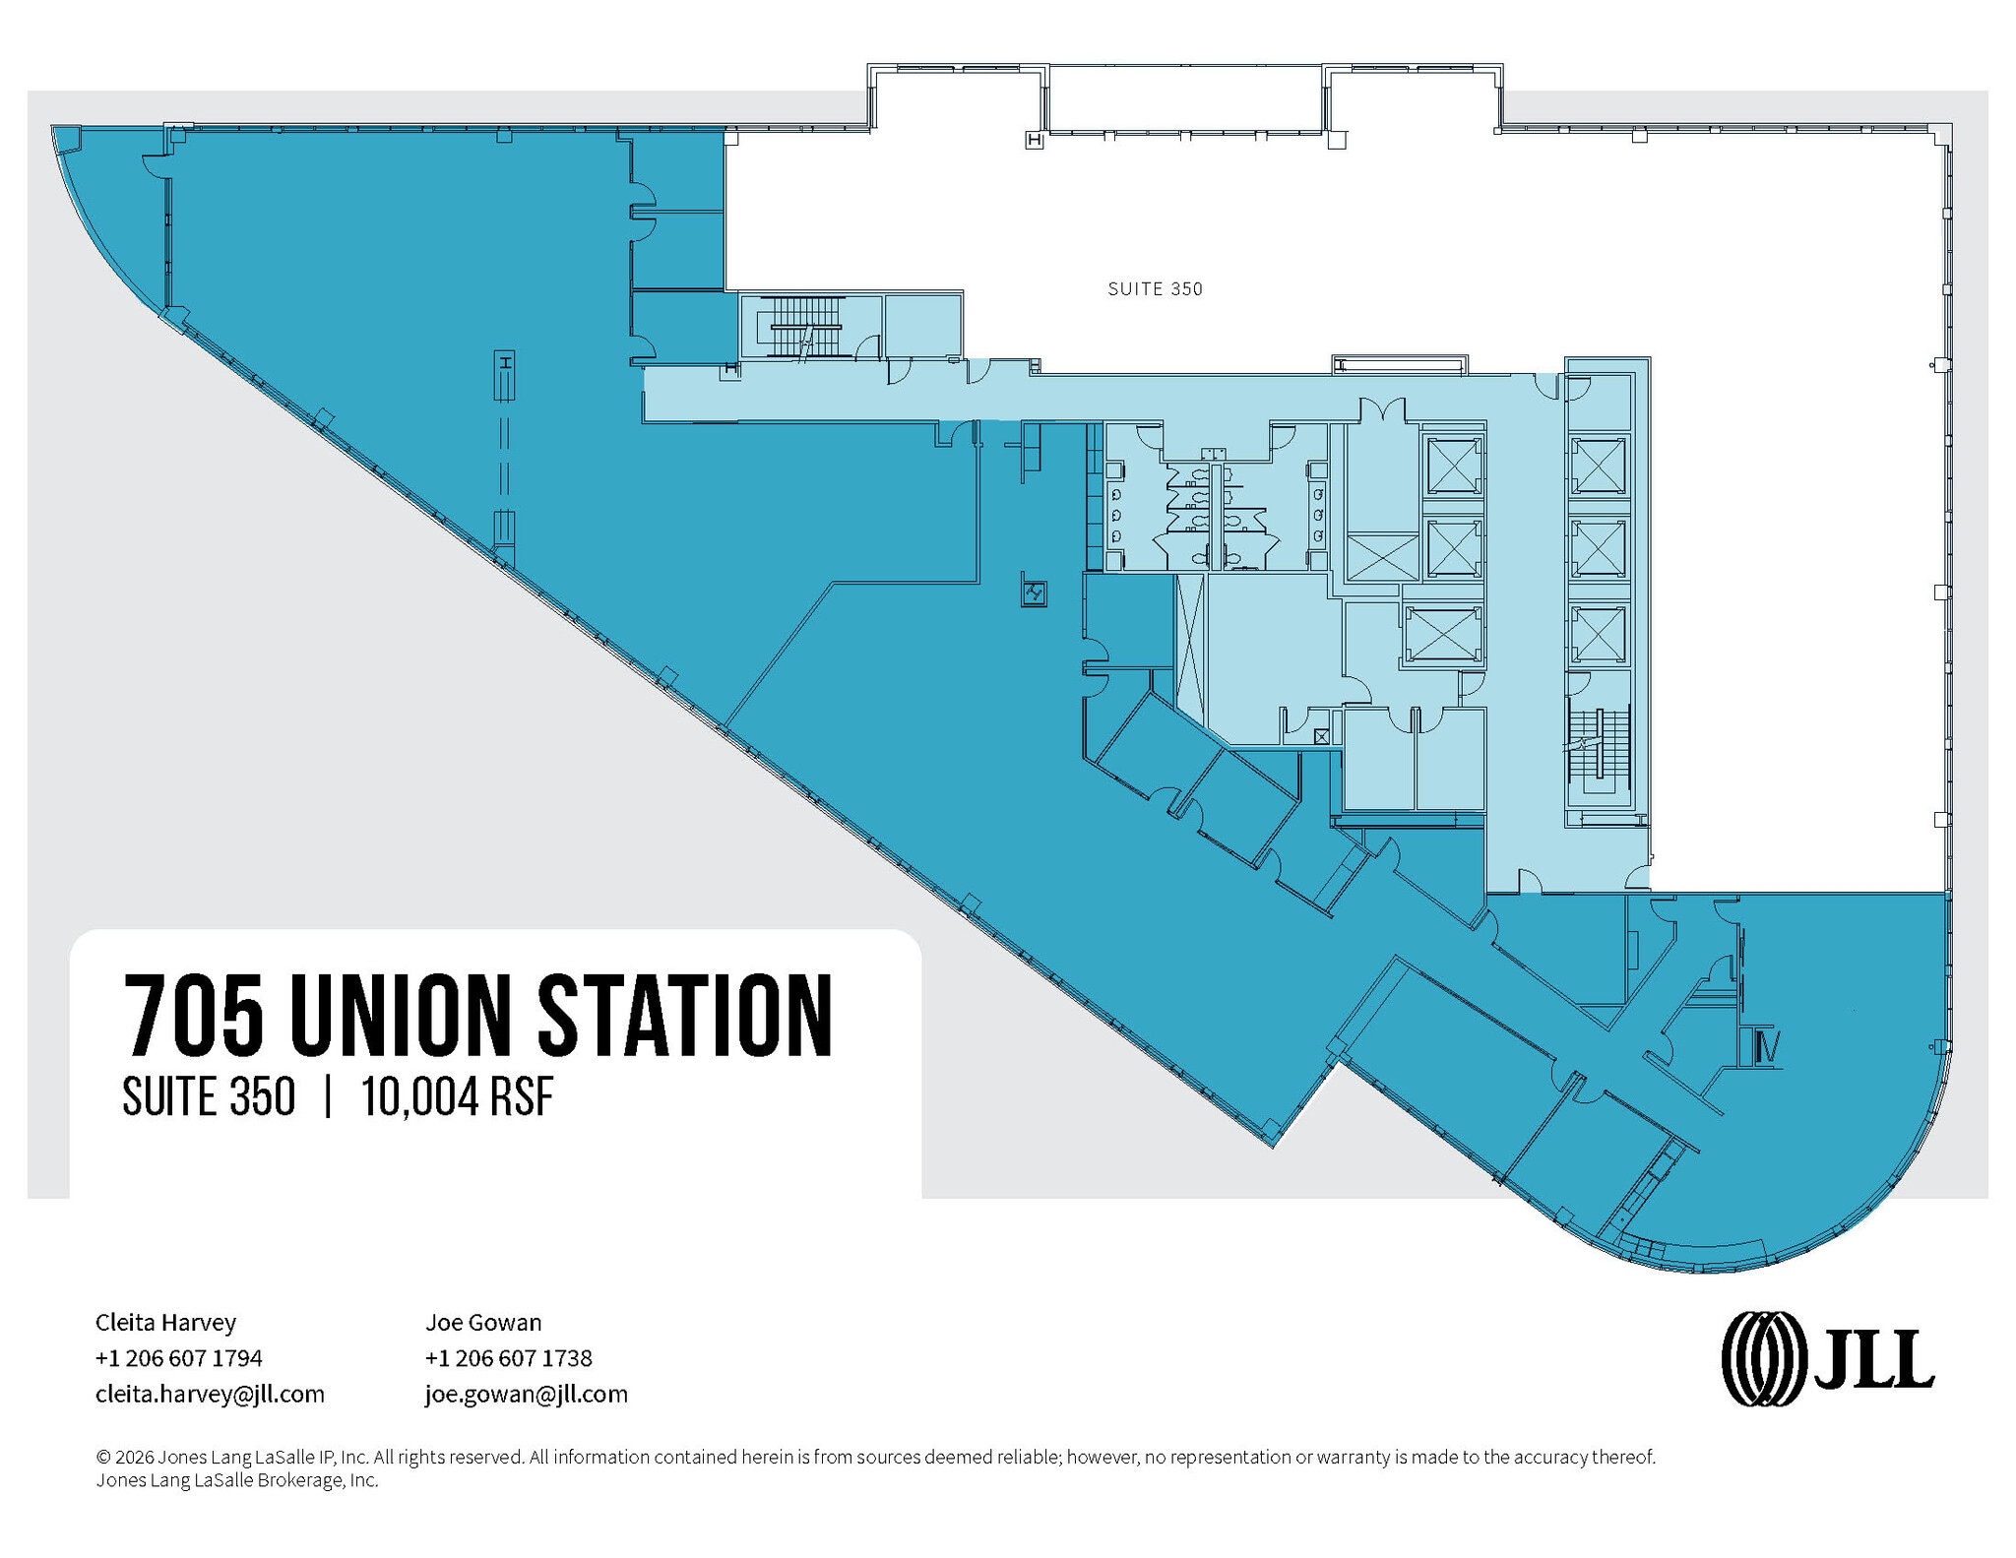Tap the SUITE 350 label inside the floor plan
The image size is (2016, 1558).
pos(1155,289)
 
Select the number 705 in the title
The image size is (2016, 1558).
pos(194,1015)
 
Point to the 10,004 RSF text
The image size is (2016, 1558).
pos(458,1096)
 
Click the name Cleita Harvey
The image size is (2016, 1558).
pos(165,1322)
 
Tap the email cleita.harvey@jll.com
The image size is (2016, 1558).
pos(210,1395)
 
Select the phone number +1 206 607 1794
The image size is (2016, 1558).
pos(179,1358)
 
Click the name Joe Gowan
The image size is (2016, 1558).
pos(483,1322)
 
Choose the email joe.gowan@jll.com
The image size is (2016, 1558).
pos(527,1395)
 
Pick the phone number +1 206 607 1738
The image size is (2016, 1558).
pos(509,1358)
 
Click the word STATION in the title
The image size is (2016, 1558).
pos(685,1015)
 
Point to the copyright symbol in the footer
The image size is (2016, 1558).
pos(102,1457)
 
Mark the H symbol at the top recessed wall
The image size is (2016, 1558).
pos(1034,141)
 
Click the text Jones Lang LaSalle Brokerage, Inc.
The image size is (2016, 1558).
pos(237,1480)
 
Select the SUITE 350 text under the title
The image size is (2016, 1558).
pos(209,1096)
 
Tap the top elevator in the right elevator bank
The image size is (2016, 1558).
pos(1599,467)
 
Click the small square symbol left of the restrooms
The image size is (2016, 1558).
pos(1034,592)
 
